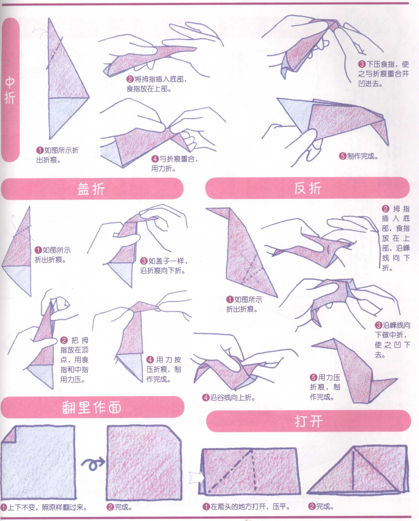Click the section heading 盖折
pyautogui.click(x=91, y=189)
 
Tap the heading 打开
pyautogui.click(x=308, y=421)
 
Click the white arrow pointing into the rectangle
pyautogui.click(x=195, y=476)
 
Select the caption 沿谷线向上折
pyautogui.click(x=229, y=397)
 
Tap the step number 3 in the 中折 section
pyautogui.click(x=361, y=64)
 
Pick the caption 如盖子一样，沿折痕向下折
pyautogui.click(x=164, y=266)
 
